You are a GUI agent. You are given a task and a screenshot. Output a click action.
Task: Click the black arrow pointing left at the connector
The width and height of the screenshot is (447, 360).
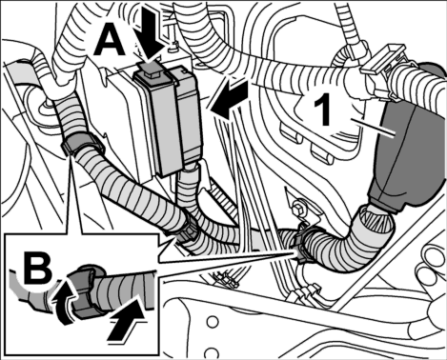click(x=230, y=99)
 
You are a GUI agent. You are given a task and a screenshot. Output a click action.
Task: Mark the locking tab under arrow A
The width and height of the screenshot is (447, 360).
click(x=149, y=71)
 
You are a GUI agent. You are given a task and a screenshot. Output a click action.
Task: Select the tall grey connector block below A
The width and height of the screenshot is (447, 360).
click(x=168, y=121)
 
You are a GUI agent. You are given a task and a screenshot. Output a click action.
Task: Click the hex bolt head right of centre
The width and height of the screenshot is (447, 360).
click(x=297, y=210)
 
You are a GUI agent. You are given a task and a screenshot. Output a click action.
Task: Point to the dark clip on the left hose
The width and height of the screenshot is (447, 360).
click(x=82, y=144)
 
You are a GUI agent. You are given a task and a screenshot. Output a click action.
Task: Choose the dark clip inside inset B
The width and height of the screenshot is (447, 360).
click(x=88, y=291)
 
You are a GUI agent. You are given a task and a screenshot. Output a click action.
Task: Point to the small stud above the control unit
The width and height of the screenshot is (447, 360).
click(x=173, y=47)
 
